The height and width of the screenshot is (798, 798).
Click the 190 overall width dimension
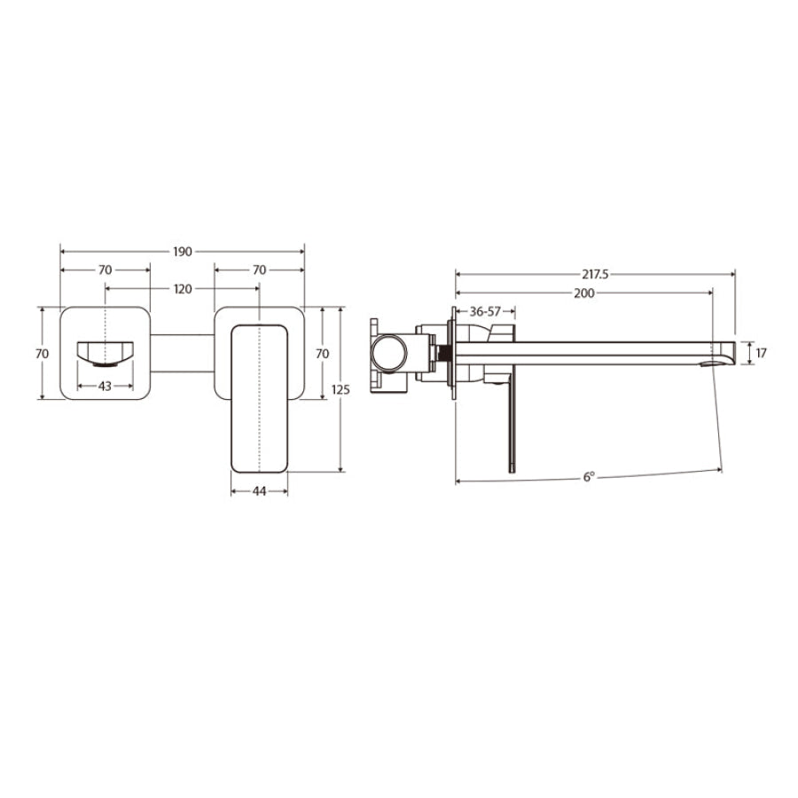click(x=182, y=252)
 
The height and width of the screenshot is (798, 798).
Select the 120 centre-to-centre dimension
click(x=182, y=288)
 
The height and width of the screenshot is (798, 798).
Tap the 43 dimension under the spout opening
click(x=105, y=386)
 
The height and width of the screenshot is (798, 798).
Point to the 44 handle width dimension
click(x=260, y=489)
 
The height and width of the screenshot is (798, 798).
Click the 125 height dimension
click(x=352, y=389)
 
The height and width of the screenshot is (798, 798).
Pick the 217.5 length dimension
click(x=595, y=275)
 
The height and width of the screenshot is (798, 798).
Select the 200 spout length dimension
click(x=583, y=293)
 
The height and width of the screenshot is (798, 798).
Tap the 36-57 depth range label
click(x=485, y=311)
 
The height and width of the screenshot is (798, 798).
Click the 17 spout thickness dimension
click(x=762, y=353)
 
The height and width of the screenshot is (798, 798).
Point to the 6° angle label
click(x=588, y=477)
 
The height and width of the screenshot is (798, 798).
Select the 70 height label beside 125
click(x=323, y=353)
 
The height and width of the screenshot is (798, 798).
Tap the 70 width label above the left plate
click(x=105, y=270)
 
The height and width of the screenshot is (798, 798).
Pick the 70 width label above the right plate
click(x=260, y=270)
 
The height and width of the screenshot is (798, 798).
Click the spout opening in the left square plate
click(x=105, y=353)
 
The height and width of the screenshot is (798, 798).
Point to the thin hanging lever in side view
click(x=511, y=426)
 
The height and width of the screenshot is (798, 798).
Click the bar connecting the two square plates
click(x=182, y=353)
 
